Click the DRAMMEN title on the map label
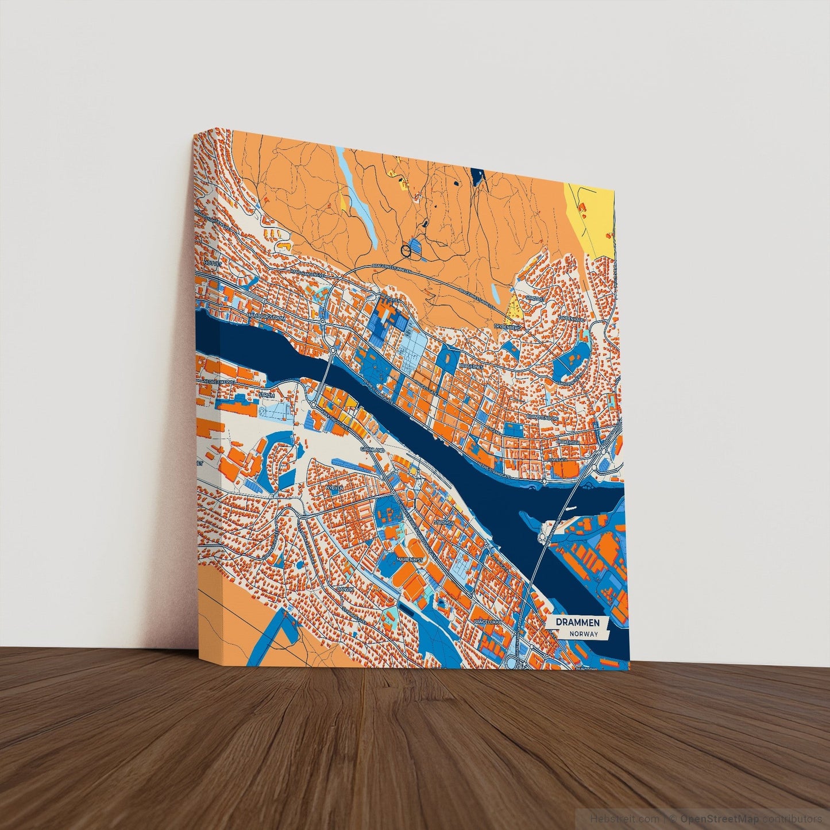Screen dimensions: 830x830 click(578, 623)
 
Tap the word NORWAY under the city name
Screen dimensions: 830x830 click(584, 634)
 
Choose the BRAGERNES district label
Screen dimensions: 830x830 click(472, 365)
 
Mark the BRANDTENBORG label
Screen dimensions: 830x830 click(542, 419)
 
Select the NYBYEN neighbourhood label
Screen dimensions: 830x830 click(334, 487)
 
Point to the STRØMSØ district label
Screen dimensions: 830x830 click(444, 523)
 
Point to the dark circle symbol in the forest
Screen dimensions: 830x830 click(406, 250)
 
